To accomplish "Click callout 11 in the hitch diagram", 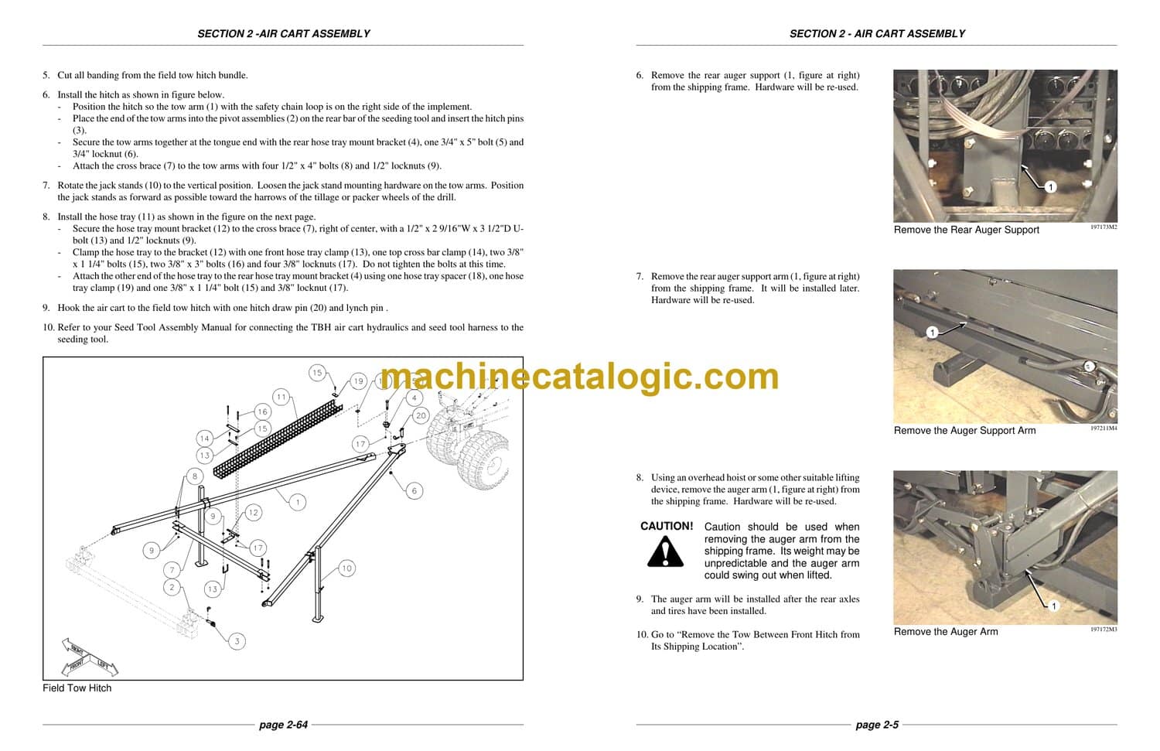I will [281, 397].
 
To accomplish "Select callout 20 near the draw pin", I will [420, 415].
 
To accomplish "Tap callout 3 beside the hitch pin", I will [237, 640].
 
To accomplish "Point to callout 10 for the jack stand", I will [346, 568].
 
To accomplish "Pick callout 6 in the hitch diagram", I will [415, 490].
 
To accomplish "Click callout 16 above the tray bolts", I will [262, 412].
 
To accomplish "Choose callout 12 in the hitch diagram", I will [253, 512].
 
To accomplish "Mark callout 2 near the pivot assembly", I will [172, 587].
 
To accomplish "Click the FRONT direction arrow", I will [77, 664].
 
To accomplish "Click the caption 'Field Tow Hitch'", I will [77, 688].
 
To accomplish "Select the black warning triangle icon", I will [665, 552].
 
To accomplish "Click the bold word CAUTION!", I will [667, 526].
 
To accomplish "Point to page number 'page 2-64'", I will [283, 725].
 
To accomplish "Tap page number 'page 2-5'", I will [877, 725].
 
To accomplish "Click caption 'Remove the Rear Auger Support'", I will [966, 230].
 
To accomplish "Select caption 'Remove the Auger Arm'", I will [945, 632].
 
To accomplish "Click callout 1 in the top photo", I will [1050, 187].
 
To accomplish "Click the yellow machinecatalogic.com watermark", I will [580, 377].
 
